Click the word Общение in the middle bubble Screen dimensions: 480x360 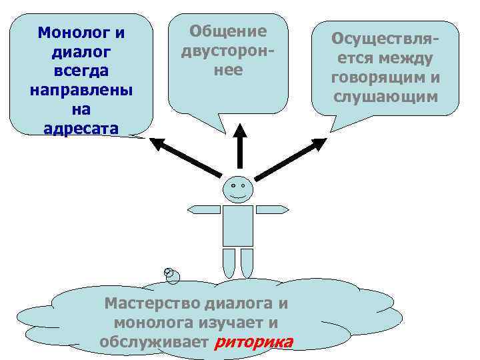228,31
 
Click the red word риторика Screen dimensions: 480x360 254,343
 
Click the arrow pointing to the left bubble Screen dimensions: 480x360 185,157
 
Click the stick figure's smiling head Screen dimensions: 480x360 237,189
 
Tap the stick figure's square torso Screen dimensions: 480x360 238,225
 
